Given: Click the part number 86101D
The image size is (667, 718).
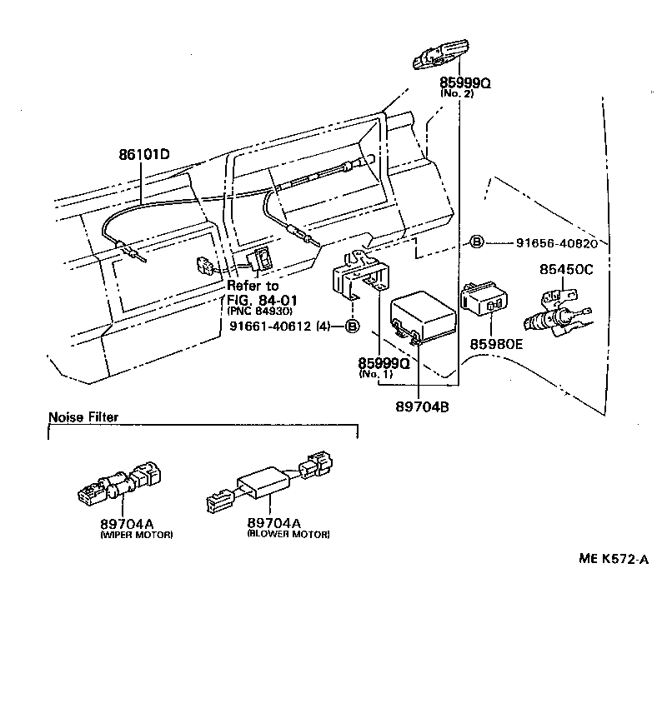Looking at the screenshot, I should tap(143, 154).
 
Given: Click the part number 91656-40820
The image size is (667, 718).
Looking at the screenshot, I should tap(557, 242).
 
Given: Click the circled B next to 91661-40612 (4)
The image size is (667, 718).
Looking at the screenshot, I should tap(352, 326).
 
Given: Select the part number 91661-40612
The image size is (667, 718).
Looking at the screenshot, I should tap(270, 326).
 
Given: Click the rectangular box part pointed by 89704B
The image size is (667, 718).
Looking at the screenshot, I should tap(423, 316).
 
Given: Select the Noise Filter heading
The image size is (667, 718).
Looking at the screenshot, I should tap(83, 417).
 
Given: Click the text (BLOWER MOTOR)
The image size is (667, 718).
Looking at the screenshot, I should tap(288, 534).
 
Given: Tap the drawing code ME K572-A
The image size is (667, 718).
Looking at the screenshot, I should tap(614, 559).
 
